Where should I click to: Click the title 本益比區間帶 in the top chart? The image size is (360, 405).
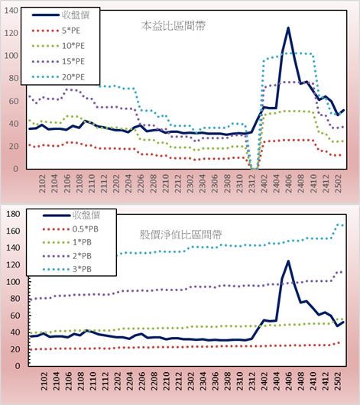[174, 26]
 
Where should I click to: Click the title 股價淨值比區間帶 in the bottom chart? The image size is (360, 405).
[181, 235]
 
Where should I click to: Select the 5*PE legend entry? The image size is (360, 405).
[56, 31]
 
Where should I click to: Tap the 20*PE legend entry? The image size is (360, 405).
[58, 77]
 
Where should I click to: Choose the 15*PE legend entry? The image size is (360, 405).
[58, 61]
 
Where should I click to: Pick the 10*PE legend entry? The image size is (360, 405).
[58, 46]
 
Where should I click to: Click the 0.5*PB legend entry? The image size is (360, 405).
[70, 229]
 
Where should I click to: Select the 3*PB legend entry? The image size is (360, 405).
[67, 269]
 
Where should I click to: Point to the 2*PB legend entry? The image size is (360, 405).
[67, 256]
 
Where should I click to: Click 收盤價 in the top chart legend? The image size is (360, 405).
[60, 15]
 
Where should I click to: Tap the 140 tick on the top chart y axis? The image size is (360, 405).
[11, 11]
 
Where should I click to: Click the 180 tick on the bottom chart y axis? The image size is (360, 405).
[13, 214]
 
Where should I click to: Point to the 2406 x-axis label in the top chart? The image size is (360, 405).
[288, 183]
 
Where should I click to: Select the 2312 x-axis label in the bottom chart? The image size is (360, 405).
[252, 381]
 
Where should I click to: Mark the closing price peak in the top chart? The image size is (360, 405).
[288, 28]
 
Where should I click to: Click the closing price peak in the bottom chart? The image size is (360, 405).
[288, 261]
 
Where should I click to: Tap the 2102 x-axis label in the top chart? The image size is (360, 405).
[42, 183]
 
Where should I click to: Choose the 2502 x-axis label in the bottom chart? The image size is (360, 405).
[338, 381]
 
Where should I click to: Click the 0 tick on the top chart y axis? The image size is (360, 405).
[16, 169]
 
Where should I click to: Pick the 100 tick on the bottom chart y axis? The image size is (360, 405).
[13, 281]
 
